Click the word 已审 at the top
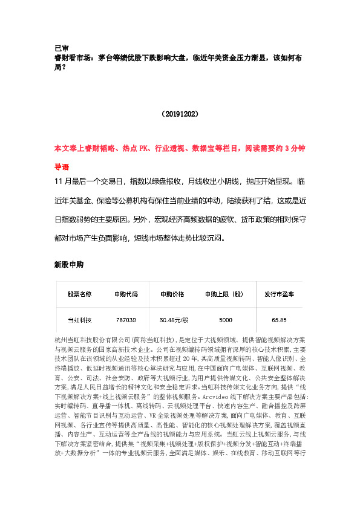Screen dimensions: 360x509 click(61, 48)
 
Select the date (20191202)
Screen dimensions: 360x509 click(179, 113)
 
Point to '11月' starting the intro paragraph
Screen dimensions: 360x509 click(63, 181)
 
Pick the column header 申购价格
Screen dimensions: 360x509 click(172, 294)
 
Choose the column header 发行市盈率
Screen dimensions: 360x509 click(279, 294)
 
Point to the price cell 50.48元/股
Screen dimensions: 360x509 click(174, 319)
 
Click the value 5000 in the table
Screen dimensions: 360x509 click(225, 319)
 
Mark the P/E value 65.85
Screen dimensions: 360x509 click(279, 319)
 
